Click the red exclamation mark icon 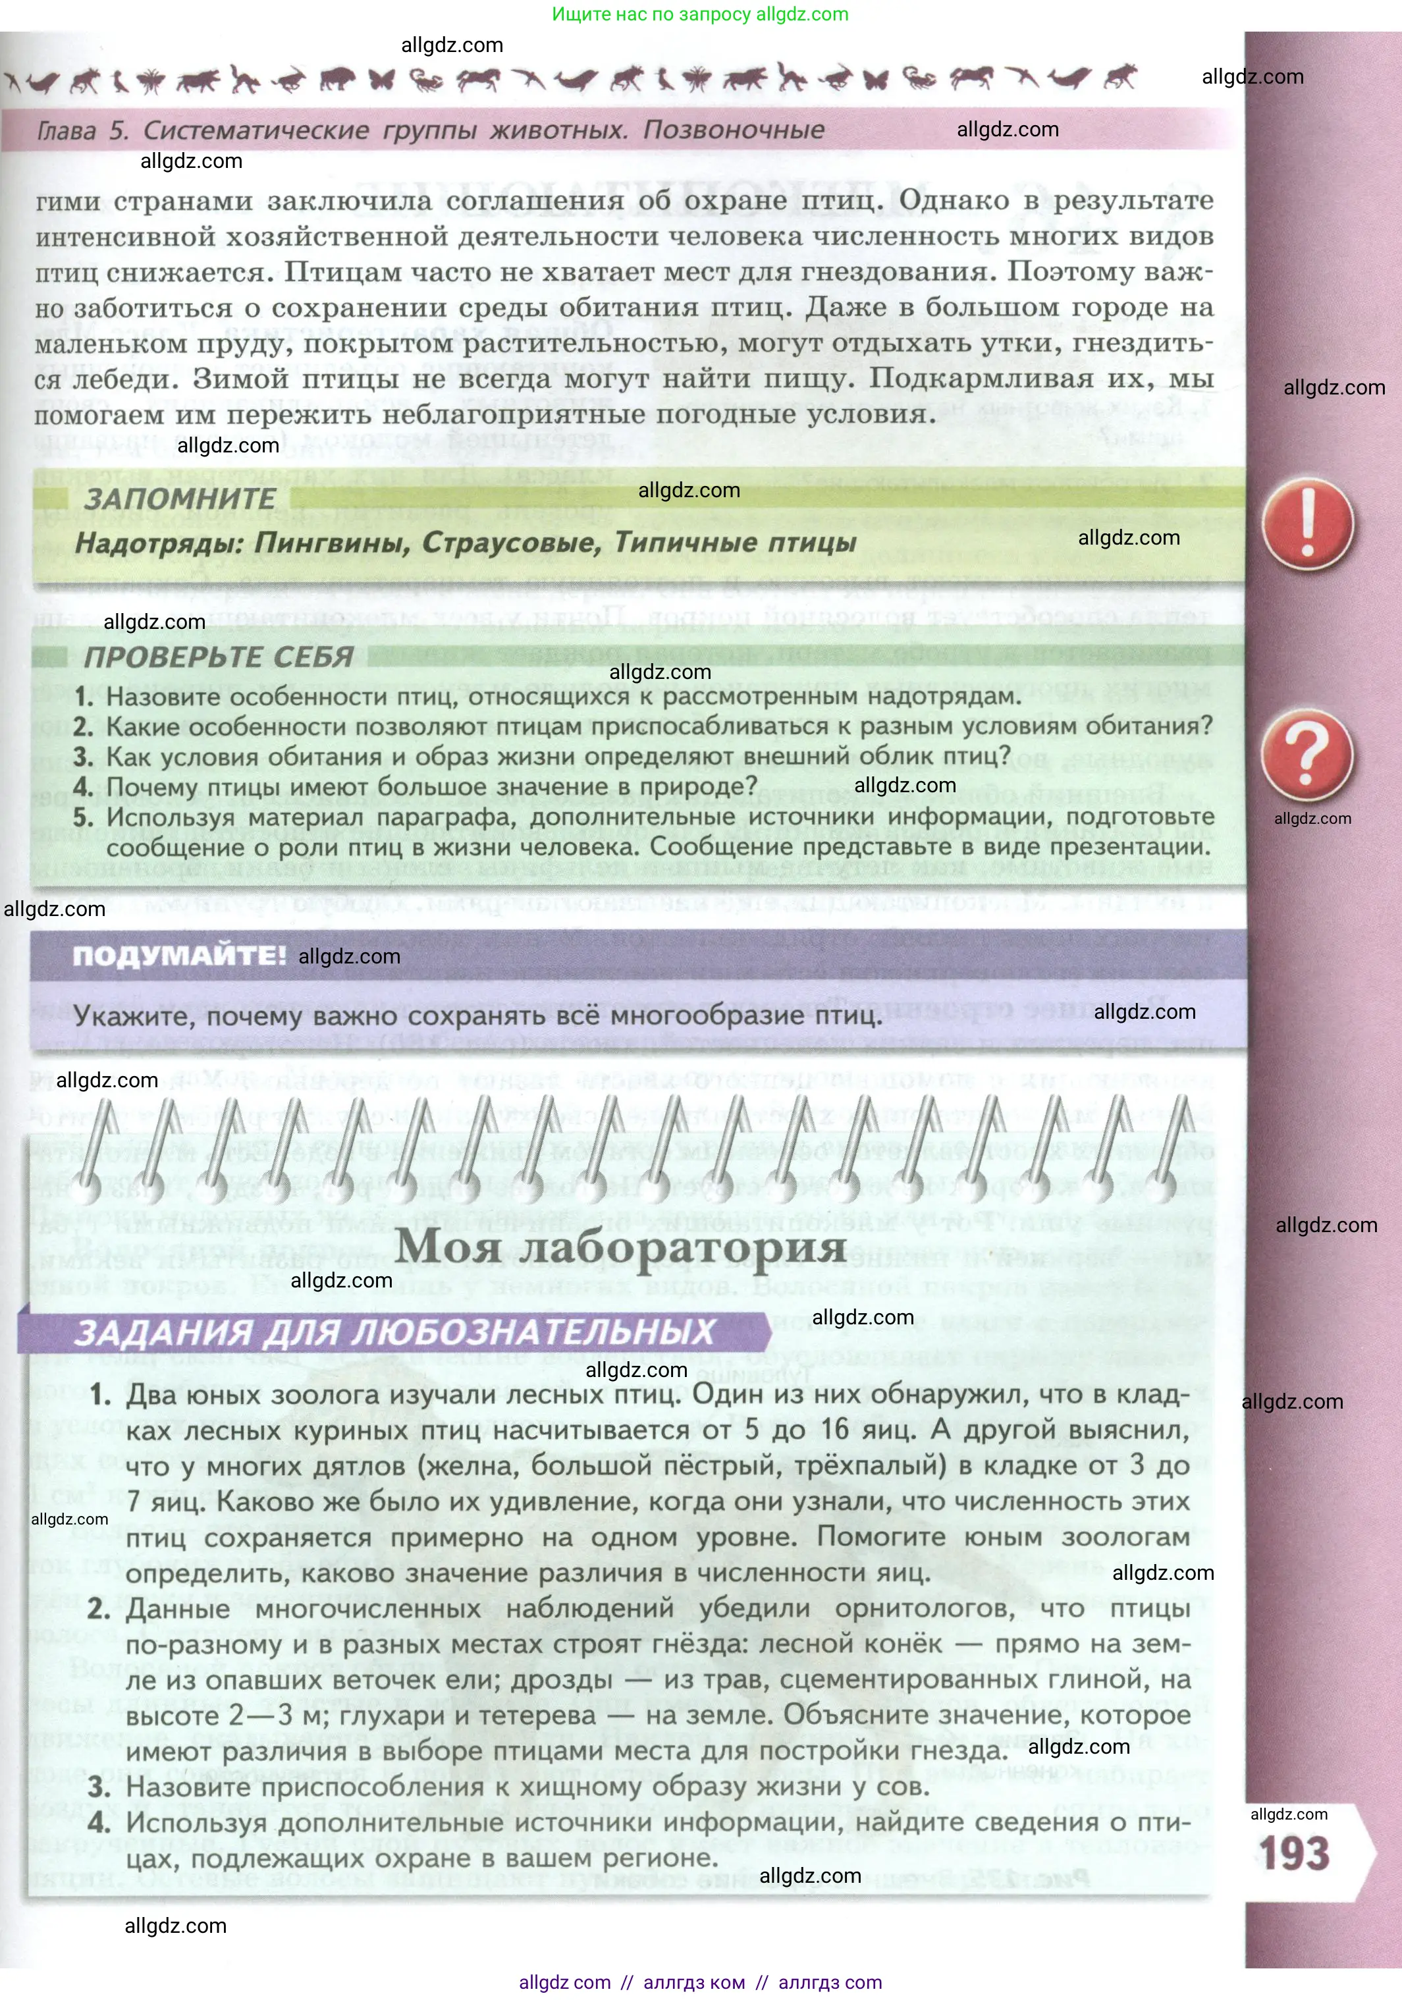tap(1307, 524)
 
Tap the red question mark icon tap(1307, 754)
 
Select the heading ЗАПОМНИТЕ tap(179, 499)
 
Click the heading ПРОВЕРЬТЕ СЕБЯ tap(218, 657)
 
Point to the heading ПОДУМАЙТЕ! tap(179, 956)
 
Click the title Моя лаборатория tap(620, 1246)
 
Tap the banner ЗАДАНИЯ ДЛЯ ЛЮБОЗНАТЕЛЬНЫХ tap(394, 1333)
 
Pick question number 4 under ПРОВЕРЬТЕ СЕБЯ tap(83, 786)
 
